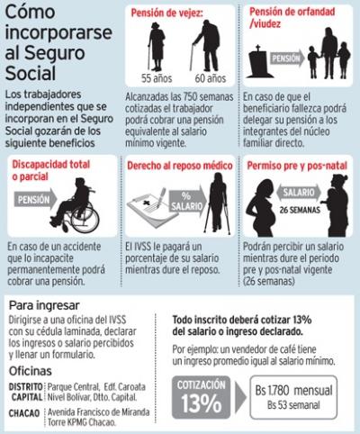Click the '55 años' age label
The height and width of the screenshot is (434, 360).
[157, 78]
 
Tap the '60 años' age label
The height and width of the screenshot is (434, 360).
[211, 78]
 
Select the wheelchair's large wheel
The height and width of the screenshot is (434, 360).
[85, 219]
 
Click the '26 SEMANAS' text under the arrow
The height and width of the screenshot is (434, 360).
[300, 210]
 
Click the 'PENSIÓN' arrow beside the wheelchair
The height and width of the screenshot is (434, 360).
[35, 199]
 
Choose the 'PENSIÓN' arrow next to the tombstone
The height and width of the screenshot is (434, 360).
[287, 59]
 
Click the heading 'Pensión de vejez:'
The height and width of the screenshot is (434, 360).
[167, 13]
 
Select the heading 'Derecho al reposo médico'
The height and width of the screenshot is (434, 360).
[180, 166]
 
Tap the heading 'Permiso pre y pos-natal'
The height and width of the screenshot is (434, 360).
[297, 166]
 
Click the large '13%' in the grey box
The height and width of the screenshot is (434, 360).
[202, 403]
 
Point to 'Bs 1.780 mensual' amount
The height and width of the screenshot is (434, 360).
[294, 391]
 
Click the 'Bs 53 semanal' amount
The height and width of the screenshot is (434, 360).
[293, 405]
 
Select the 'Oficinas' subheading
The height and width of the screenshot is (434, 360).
[31, 371]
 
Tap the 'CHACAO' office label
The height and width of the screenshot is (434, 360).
[24, 413]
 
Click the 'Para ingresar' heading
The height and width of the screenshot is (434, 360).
[44, 305]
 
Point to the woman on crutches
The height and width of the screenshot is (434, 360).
[218, 204]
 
